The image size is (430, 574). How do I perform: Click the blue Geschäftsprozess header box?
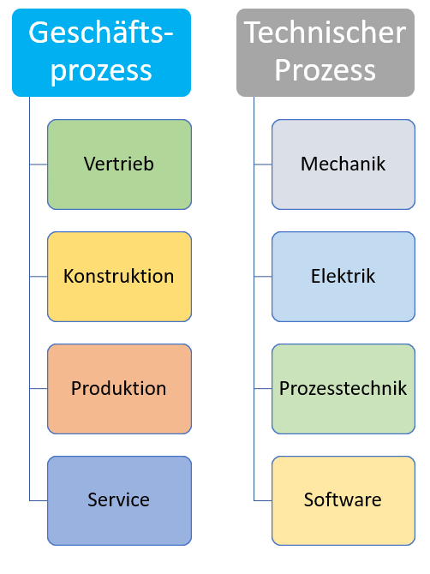point(101,53)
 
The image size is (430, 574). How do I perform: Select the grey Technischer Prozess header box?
point(325,53)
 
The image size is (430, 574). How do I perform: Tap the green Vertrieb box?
point(119,164)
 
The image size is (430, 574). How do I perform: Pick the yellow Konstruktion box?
point(119,277)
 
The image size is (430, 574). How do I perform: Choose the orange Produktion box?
point(119,389)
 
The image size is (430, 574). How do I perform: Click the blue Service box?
point(119,500)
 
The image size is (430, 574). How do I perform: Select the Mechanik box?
point(343,164)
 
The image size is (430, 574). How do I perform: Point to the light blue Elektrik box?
point(343,277)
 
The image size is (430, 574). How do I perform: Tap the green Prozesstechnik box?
point(343,389)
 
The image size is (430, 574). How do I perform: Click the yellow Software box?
point(343,500)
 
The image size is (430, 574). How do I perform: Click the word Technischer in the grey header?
point(325,33)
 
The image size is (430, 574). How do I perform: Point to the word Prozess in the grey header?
point(325,70)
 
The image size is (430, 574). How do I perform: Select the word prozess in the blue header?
point(101,71)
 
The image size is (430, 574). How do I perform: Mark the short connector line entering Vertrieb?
point(39,164)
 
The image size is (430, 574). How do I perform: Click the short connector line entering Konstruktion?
point(39,277)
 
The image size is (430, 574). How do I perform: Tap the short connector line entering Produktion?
point(39,388)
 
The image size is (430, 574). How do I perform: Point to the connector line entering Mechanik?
point(263,164)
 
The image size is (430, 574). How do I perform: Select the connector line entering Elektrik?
point(263,277)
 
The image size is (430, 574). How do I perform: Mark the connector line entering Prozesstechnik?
point(263,388)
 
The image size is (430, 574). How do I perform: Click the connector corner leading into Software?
point(254,500)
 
